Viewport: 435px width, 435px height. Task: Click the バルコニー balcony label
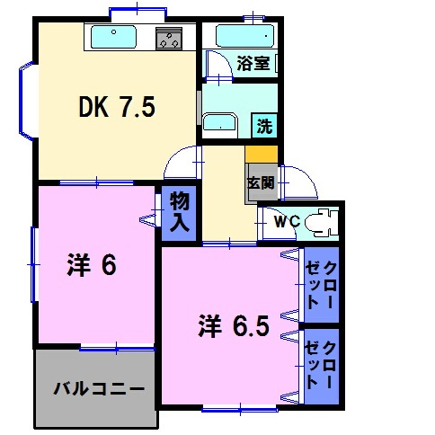point(98,390)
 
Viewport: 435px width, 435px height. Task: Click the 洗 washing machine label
point(265,127)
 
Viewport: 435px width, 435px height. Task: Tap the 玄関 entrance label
point(256,182)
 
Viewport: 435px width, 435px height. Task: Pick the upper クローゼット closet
point(321,286)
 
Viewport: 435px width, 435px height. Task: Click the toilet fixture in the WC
point(318,221)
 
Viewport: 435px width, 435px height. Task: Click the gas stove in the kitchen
point(168,39)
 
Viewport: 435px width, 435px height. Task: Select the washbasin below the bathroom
point(217,123)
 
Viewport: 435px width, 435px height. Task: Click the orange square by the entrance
point(261,154)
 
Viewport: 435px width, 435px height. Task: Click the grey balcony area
point(94,388)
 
